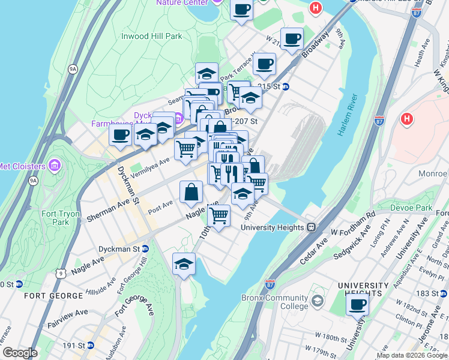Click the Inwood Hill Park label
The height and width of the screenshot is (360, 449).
[151, 36]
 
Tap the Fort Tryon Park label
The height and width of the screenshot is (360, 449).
[57, 218]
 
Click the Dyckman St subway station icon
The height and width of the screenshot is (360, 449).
[145, 248]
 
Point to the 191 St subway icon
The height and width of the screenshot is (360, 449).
[90, 345]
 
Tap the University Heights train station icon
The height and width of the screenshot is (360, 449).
[311, 227]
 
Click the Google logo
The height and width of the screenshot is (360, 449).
[20, 352]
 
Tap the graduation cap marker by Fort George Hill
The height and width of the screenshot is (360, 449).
[184, 264]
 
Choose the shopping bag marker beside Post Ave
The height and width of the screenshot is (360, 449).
[191, 193]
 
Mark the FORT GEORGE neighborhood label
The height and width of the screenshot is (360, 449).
[53, 296]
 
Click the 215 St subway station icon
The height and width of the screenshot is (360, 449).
[286, 86]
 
